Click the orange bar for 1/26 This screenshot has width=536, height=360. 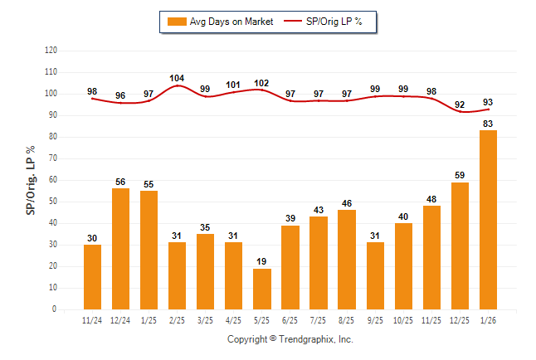[x=488, y=220]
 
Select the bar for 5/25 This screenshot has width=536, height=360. [x=262, y=289]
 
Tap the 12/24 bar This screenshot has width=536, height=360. [x=121, y=249]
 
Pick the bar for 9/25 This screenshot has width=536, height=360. [x=375, y=275]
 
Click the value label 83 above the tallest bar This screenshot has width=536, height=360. [x=488, y=124]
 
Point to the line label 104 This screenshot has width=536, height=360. [x=178, y=79]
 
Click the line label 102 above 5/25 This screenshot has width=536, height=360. [x=262, y=83]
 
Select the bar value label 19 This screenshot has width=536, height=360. [x=262, y=262]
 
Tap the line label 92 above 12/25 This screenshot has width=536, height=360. [x=460, y=105]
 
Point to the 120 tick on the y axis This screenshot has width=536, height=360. [x=51, y=51]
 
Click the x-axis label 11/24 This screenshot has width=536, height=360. [x=93, y=320]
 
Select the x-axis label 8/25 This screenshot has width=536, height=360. [x=347, y=320]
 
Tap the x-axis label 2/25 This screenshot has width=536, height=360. [x=178, y=320]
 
